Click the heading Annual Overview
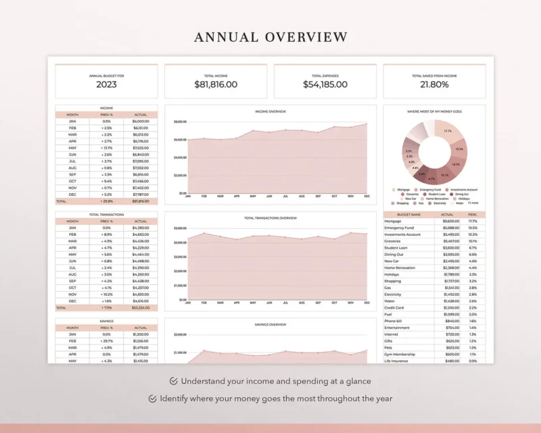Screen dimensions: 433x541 270,37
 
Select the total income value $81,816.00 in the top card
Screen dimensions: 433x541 216,84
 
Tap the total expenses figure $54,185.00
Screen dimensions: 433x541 325,84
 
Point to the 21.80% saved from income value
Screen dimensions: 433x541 434,84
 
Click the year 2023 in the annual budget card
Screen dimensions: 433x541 106,84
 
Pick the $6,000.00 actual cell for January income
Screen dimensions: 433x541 140,121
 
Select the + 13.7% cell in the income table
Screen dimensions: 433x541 106,147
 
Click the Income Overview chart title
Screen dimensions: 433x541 270,111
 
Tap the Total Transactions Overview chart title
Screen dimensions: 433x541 270,218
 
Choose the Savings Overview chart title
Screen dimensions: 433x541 270,324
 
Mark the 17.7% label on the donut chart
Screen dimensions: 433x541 448,131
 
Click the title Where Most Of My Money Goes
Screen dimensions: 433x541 434,111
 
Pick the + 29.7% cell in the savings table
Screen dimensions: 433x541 106,341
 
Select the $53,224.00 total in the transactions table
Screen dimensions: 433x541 140,307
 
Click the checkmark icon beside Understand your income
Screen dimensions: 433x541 174,381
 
